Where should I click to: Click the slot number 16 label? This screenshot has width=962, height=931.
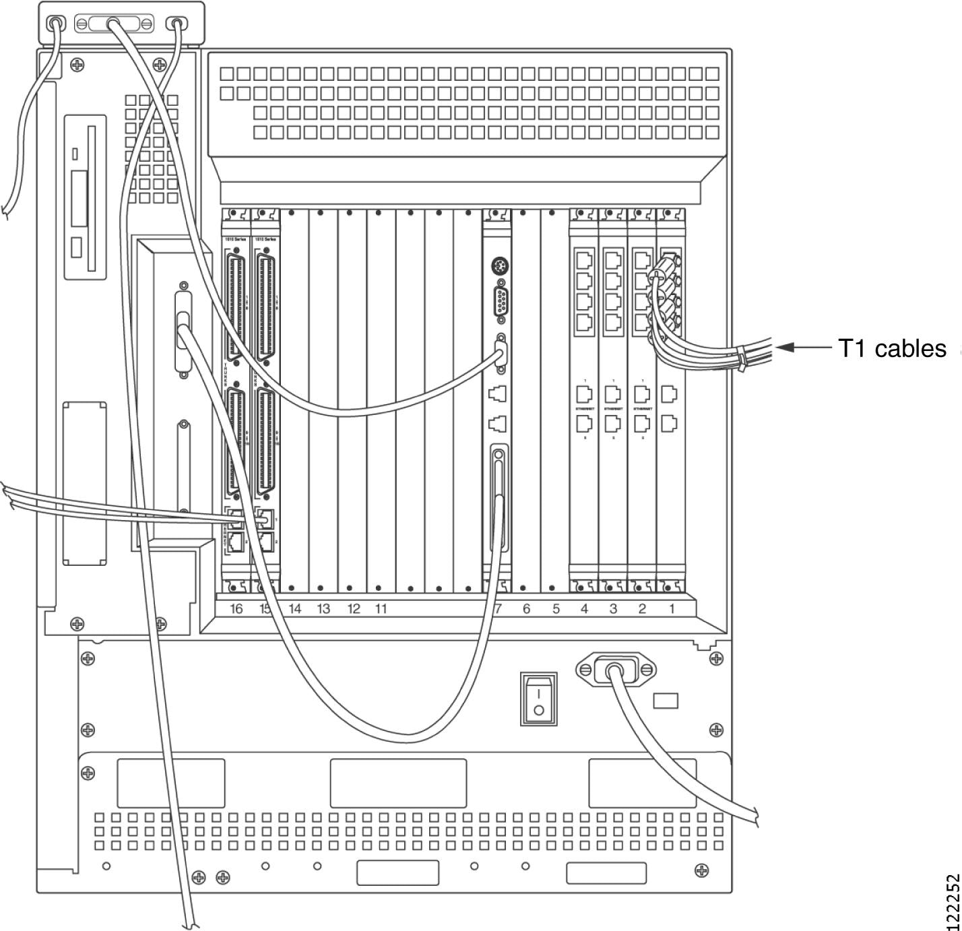coord(236,609)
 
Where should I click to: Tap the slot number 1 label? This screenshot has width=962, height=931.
coord(671,609)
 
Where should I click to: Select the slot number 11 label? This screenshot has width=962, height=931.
coord(381,609)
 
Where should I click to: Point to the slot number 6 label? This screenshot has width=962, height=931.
coord(526,609)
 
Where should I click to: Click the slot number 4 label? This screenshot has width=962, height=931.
coord(584,609)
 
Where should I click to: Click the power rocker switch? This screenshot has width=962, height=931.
coord(538,699)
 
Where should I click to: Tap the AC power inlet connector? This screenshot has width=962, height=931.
coord(615,670)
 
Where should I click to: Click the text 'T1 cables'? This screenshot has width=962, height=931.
coord(892,348)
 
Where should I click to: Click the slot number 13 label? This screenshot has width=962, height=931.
coord(323,609)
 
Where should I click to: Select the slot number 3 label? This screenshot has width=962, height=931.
coord(613,609)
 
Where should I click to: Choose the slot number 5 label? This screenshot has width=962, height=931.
coord(556,609)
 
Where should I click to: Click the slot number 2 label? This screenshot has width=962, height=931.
coord(642,609)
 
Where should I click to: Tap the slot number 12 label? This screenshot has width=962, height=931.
coord(354,609)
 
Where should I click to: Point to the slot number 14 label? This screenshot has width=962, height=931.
coord(294,609)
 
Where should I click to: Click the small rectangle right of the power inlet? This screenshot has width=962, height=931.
coord(666,701)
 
